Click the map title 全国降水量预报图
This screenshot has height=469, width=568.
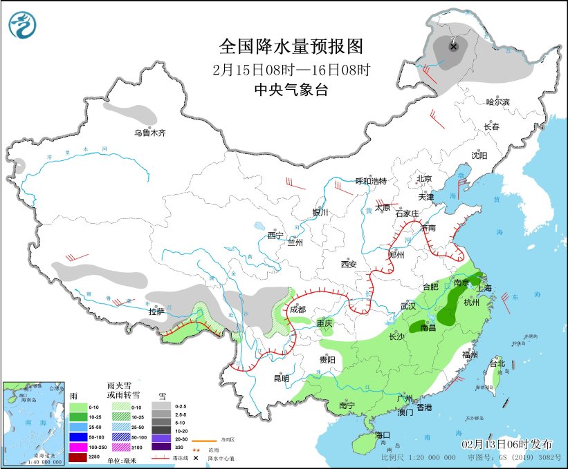point(291,46)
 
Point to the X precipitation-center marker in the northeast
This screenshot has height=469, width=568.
point(454,47)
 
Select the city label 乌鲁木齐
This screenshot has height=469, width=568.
point(150,133)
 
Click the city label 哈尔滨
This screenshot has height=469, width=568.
point(497,102)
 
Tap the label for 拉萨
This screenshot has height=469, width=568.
point(157,312)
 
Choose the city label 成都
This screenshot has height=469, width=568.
point(299,309)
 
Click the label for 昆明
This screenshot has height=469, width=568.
point(281,378)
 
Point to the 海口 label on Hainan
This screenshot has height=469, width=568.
point(383,435)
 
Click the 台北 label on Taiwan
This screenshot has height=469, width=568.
point(497,363)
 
